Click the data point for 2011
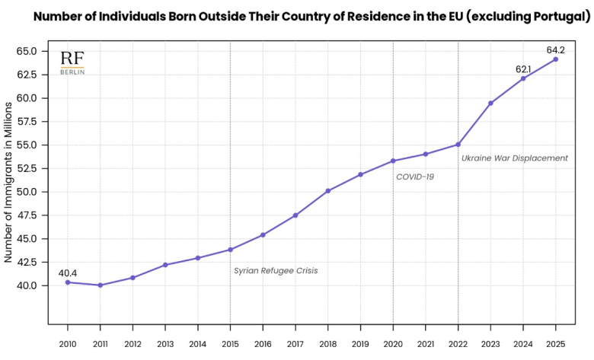100,285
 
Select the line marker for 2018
327,191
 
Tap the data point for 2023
490,104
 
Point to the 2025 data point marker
555,59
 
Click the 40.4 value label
68,272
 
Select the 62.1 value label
523,69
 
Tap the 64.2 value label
556,50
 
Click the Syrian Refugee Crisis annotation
276,270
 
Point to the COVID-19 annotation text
415,177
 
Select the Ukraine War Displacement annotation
515,158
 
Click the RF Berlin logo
72,62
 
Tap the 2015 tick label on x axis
230,345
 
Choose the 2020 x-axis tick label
393,345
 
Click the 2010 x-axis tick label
68,345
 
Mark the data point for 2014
197,258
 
